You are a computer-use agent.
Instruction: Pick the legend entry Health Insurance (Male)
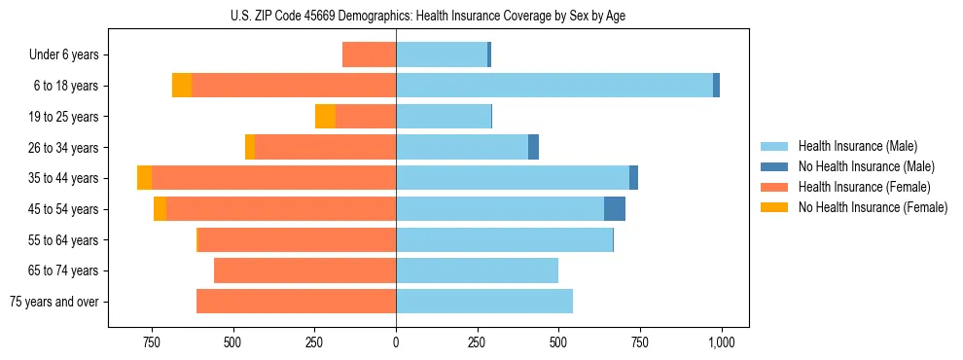coord(857,146)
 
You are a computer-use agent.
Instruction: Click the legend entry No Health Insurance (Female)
coord(873,207)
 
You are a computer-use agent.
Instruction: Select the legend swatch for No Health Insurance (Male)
coord(774,166)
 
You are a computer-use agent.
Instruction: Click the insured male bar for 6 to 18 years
coord(554,86)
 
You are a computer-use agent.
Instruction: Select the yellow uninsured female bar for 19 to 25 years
coord(325,117)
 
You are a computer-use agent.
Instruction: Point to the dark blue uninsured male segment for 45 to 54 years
coord(615,209)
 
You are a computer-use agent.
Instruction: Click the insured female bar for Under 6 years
coord(369,55)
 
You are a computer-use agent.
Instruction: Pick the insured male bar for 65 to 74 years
coord(477,270)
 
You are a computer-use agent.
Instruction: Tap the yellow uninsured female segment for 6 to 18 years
coord(182,86)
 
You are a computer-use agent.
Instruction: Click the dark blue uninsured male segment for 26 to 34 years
coord(533,148)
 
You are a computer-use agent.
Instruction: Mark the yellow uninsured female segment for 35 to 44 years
coord(144,178)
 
